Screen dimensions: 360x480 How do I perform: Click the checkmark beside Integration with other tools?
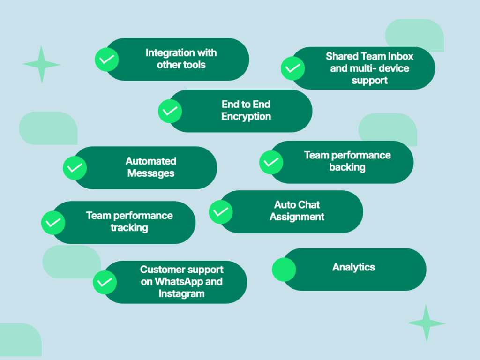pyautogui.click(x=107, y=60)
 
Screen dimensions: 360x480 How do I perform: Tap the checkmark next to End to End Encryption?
pyautogui.click(x=170, y=112)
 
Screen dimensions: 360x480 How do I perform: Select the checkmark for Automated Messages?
pyautogui.click(x=75, y=168)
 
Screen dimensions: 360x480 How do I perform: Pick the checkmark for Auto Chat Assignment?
pyautogui.click(x=221, y=212)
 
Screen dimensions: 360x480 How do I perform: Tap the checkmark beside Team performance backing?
pyautogui.click(x=271, y=162)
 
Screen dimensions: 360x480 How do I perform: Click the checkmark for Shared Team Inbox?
pyautogui.click(x=292, y=68)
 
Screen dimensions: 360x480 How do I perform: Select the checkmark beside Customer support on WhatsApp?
pyautogui.click(x=105, y=282)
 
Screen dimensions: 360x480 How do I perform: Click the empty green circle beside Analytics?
pyautogui.click(x=284, y=270)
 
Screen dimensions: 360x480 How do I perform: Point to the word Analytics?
pyautogui.click(x=353, y=267)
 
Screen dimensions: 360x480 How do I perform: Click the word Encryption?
pyautogui.click(x=246, y=117)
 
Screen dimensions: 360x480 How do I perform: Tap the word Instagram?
pyautogui.click(x=181, y=294)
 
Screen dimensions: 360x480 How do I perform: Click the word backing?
pyautogui.click(x=347, y=167)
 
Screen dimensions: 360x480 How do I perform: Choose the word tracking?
pyautogui.click(x=129, y=228)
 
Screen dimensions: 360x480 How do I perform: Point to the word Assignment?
pyautogui.click(x=297, y=217)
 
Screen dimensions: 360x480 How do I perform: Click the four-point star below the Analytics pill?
pyautogui.click(x=426, y=323)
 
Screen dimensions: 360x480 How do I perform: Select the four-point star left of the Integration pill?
pyautogui.click(x=42, y=65)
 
